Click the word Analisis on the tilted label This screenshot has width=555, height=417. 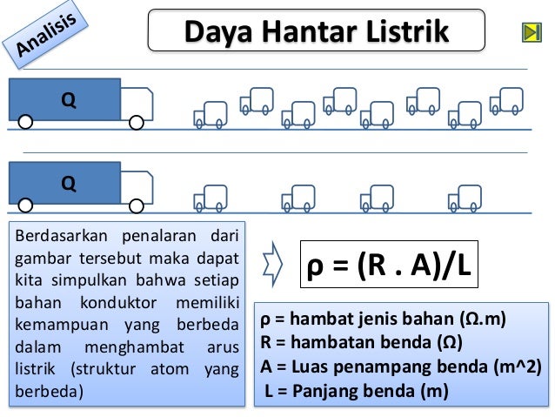(x=46, y=34)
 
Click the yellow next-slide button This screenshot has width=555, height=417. (x=532, y=32)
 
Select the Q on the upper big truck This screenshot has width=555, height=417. (x=69, y=100)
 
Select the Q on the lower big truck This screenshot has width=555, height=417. (x=69, y=184)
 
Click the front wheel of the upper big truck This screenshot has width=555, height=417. (x=137, y=123)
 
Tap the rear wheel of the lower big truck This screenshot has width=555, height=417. (x=25, y=205)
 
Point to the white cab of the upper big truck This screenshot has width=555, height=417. (x=137, y=104)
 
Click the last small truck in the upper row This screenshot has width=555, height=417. (x=506, y=101)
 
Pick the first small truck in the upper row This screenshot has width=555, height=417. (x=211, y=115)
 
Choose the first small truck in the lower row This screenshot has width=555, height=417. (x=211, y=198)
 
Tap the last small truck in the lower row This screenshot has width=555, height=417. (x=465, y=198)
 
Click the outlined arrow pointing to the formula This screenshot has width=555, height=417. (x=272, y=265)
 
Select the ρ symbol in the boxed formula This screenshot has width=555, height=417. (x=315, y=266)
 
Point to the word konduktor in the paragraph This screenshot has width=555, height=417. (x=118, y=303)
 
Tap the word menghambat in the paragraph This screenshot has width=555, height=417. (x=135, y=347)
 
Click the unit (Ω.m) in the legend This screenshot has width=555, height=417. (x=483, y=319)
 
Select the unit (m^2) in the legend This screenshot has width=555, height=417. (x=518, y=367)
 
